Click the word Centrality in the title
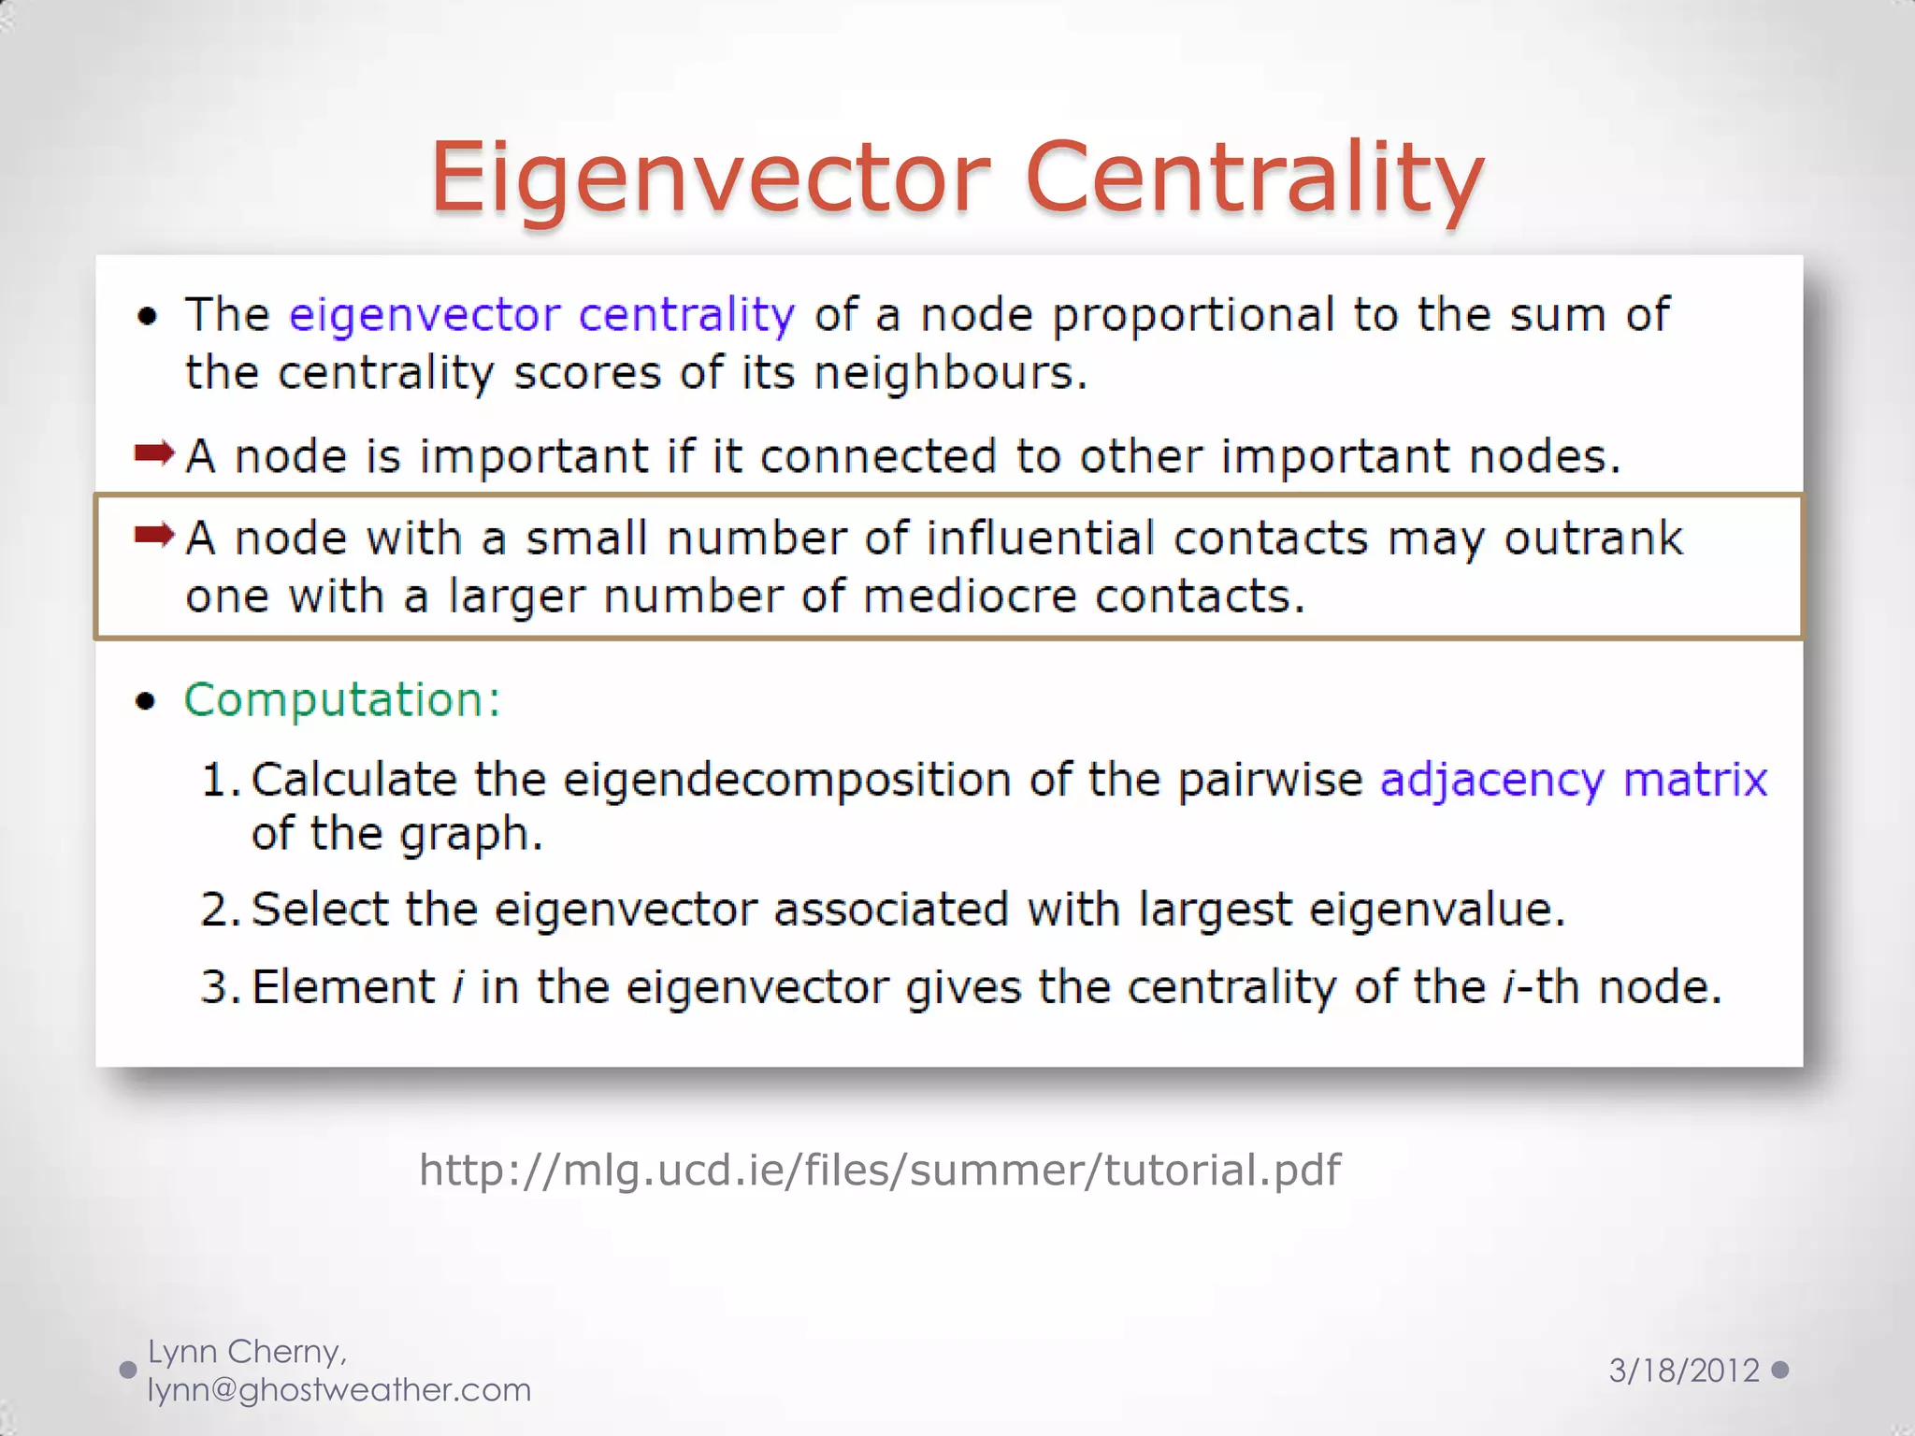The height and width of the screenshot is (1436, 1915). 1255,178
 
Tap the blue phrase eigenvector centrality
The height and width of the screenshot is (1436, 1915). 542,315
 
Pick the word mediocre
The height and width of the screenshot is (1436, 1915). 970,596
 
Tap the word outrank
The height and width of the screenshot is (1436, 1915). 1593,538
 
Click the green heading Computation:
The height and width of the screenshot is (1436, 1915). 342,699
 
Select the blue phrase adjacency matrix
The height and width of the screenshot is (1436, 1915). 1574,780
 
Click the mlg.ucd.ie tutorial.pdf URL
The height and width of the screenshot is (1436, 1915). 880,1170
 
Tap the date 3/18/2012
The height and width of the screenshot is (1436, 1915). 1684,1371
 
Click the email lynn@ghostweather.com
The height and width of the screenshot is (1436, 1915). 339,1390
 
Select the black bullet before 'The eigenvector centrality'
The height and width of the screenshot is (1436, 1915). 147,316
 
